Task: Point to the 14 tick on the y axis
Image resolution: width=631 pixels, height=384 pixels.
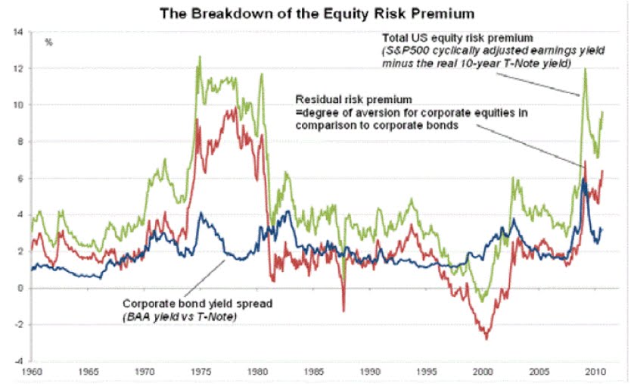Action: click(18, 33)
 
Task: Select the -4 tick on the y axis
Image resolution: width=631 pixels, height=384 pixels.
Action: click(18, 361)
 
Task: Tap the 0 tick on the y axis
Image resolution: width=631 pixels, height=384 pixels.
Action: click(20, 288)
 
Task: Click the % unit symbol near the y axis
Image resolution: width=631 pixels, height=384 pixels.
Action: click(49, 42)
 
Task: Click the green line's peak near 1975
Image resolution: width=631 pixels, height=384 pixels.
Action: click(200, 57)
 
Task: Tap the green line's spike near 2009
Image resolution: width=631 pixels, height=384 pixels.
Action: click(585, 70)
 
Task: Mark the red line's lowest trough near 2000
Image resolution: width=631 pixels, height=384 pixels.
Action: click(486, 338)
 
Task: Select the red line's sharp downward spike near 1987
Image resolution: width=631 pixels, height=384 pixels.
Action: click(343, 310)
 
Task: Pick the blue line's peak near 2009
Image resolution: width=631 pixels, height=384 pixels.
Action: click(583, 180)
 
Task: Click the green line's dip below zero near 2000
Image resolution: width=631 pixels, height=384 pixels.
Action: click(483, 301)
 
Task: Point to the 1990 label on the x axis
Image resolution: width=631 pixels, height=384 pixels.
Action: click(370, 373)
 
